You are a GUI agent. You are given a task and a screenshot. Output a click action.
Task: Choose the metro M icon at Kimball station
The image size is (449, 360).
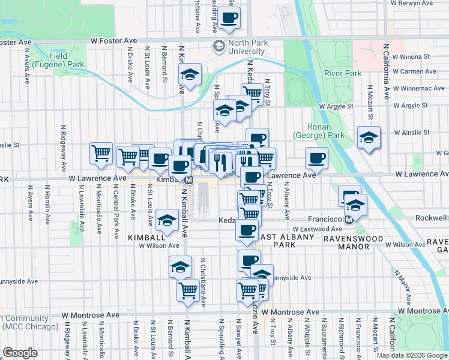pyautogui.click(x=188, y=179)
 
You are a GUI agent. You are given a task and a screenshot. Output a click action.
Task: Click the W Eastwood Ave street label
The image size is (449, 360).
pyautogui.click(x=316, y=229)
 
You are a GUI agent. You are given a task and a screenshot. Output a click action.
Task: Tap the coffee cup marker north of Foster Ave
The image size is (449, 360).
pyautogui.click(x=228, y=17)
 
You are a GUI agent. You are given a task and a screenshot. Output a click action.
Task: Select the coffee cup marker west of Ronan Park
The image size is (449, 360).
pyautogui.click(x=316, y=158)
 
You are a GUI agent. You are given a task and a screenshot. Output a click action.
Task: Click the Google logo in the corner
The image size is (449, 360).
pyautogui.click(x=20, y=353)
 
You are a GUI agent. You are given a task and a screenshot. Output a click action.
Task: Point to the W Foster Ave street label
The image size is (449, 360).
pyautogui.click(x=114, y=41)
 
